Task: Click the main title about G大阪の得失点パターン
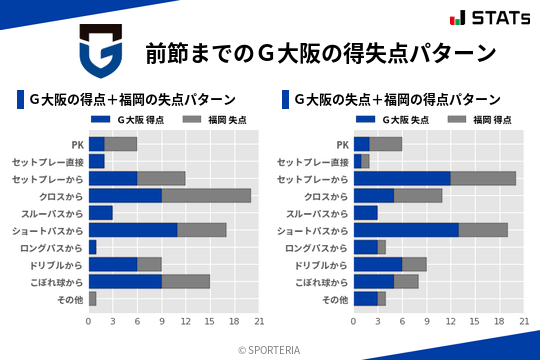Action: [320, 52]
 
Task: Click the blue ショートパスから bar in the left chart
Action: [133, 230]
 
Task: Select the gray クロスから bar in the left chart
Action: [206, 195]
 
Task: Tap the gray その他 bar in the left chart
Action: [93, 299]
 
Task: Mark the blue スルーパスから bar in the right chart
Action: [366, 213]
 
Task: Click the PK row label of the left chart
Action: [77, 144]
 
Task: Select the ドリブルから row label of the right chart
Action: [323, 265]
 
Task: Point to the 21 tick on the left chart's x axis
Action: [259, 321]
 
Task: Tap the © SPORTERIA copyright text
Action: [270, 349]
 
